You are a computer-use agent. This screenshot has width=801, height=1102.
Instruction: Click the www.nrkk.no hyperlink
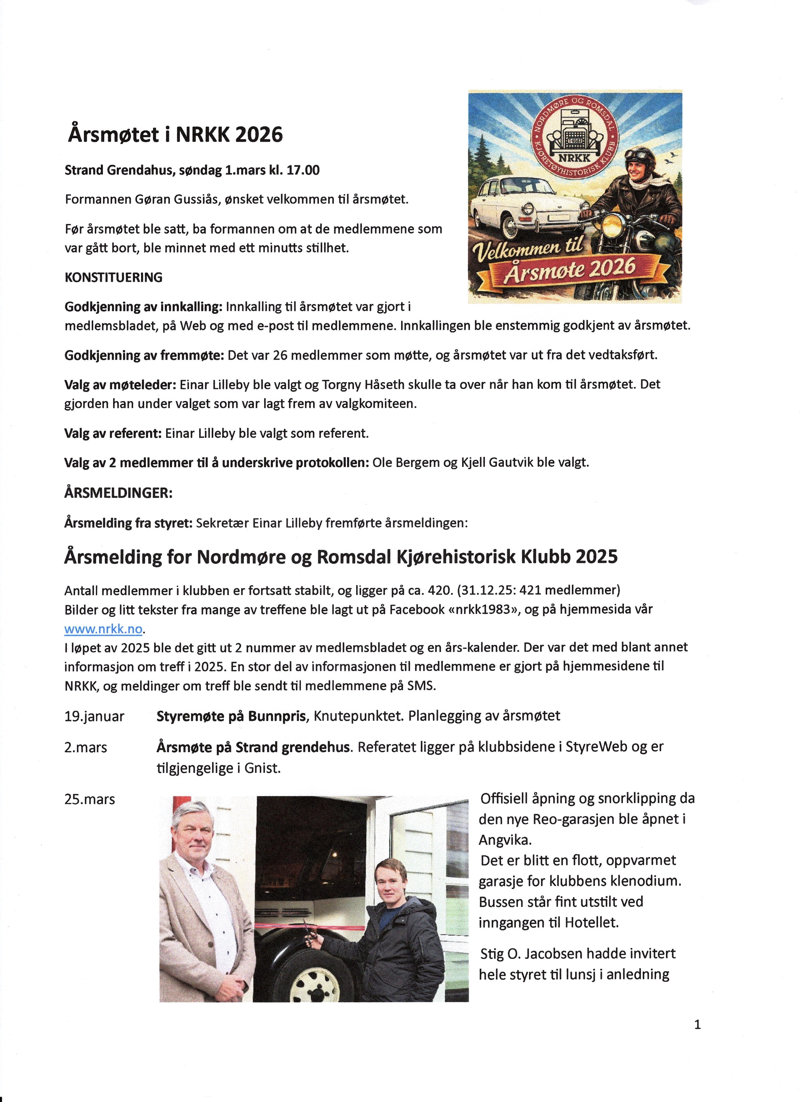click(x=103, y=629)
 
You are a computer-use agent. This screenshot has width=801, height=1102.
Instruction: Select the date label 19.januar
click(x=94, y=717)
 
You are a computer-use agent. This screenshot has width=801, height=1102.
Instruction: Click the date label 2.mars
click(x=85, y=747)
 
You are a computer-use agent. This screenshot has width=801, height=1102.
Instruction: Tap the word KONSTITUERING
click(x=113, y=277)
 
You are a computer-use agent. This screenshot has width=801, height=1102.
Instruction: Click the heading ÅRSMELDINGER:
click(x=118, y=493)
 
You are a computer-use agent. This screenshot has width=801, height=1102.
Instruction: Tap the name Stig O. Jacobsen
click(x=531, y=954)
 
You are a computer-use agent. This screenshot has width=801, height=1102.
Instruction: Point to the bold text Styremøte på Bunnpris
click(x=232, y=716)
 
